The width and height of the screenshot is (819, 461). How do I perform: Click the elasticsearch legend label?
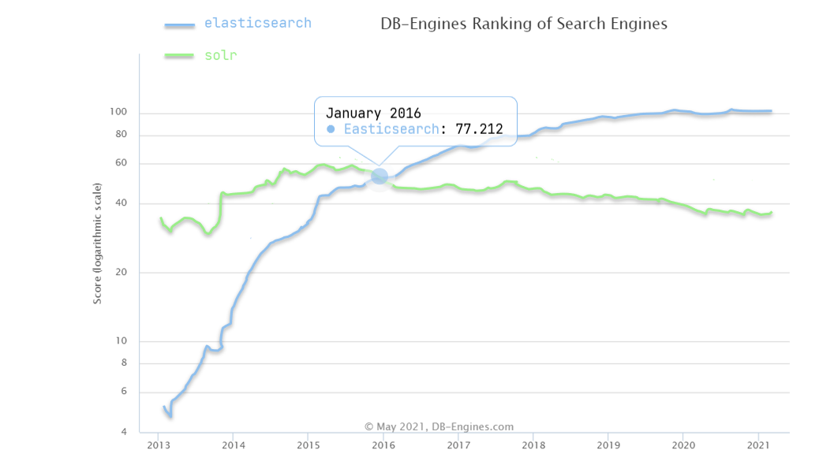click(x=257, y=23)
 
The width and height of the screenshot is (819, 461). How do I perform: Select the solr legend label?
click(x=220, y=55)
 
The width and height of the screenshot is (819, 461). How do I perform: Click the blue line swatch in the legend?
click(x=179, y=25)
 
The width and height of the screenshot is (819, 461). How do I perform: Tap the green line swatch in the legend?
click(x=179, y=56)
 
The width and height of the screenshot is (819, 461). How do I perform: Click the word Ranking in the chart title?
click(x=499, y=24)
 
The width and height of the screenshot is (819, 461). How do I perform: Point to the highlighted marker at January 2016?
click(x=380, y=177)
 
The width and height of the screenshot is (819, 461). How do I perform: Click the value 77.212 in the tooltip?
click(x=479, y=128)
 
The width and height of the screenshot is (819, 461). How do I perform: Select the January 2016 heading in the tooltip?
click(x=373, y=113)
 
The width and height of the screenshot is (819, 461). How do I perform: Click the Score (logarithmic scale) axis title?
click(x=98, y=243)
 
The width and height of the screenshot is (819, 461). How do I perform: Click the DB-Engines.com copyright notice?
click(x=439, y=427)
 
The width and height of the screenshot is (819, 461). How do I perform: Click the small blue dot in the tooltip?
click(x=331, y=128)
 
